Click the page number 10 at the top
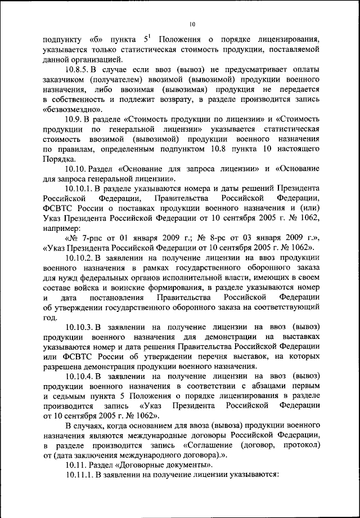click(192, 24)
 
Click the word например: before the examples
click(61, 230)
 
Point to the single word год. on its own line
click(49, 318)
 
